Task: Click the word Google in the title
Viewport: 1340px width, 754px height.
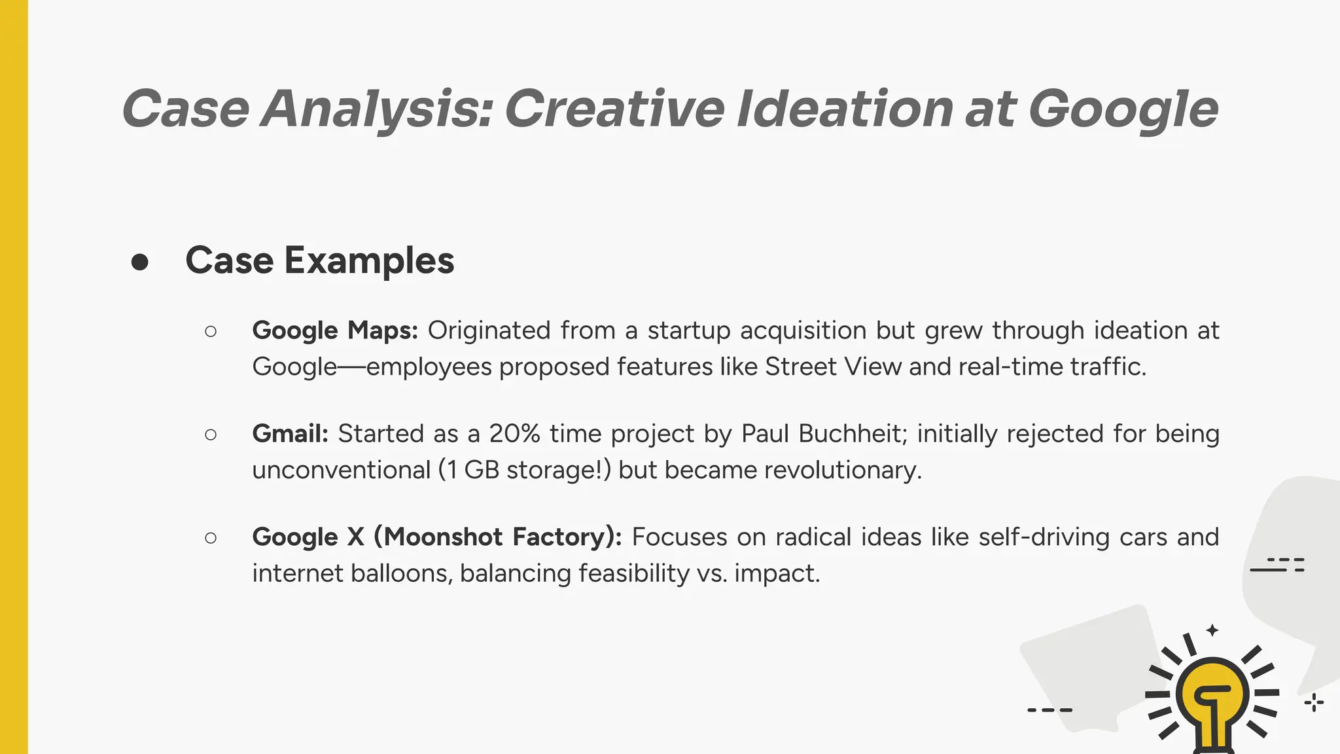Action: pyautogui.click(x=1123, y=109)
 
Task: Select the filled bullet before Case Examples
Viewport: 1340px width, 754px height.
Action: pyautogui.click(x=139, y=262)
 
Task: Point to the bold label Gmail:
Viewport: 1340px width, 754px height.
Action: pyautogui.click(x=290, y=433)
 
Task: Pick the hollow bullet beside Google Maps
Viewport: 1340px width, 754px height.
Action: pyautogui.click(x=211, y=331)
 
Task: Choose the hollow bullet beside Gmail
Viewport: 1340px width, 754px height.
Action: pyautogui.click(x=211, y=435)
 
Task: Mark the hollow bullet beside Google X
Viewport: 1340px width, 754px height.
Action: pyautogui.click(x=211, y=538)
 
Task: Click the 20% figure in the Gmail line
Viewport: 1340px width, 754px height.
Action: pyautogui.click(x=514, y=433)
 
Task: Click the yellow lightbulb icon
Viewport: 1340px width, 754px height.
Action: pyautogui.click(x=1212, y=697)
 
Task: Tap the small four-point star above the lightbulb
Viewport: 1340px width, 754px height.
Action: pyautogui.click(x=1212, y=630)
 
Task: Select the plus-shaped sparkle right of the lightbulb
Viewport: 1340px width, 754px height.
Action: pyautogui.click(x=1314, y=703)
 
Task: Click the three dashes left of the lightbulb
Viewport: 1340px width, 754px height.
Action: pyautogui.click(x=1049, y=709)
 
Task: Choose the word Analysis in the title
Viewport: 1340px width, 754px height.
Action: pyautogui.click(x=376, y=109)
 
